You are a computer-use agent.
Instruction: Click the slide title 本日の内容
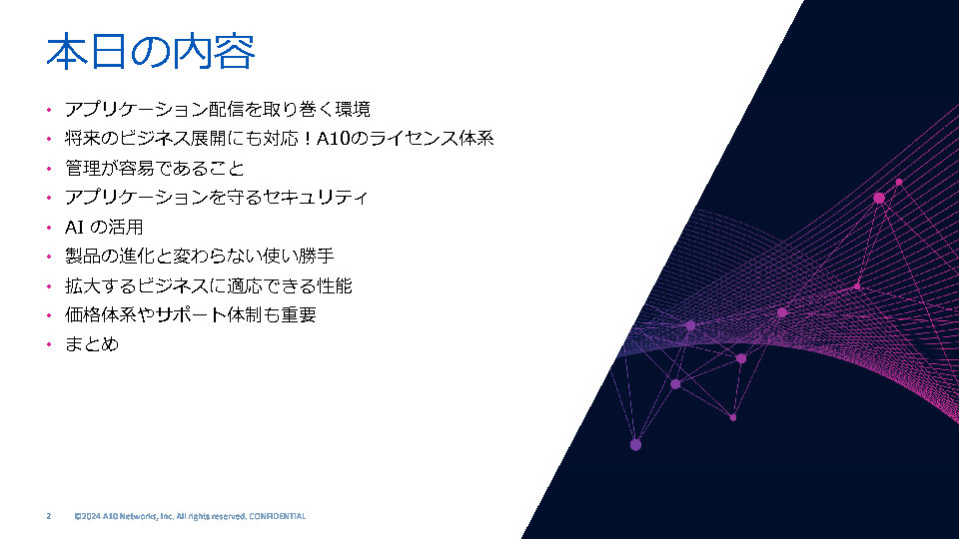coord(151,51)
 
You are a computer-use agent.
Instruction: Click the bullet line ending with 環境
coord(217,110)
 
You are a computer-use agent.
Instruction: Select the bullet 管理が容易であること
coord(155,168)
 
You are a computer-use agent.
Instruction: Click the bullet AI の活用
coord(104,228)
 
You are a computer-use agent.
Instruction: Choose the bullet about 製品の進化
coord(200,257)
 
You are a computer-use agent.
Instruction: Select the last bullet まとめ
coord(92,344)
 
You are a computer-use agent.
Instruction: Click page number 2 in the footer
coord(49,516)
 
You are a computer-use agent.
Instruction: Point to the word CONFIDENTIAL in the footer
coord(277,516)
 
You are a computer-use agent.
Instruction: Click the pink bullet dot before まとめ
coord(49,344)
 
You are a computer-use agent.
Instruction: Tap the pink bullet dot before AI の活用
coord(49,228)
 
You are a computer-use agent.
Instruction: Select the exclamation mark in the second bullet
coord(308,139)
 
